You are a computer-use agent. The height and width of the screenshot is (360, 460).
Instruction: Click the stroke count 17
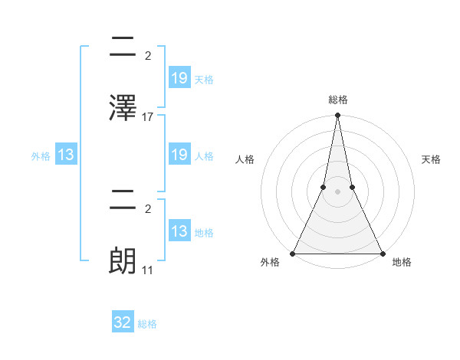click(x=148, y=117)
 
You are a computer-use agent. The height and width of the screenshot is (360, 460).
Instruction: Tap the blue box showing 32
click(x=123, y=322)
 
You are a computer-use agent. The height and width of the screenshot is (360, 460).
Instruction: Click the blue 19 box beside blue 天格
click(x=179, y=77)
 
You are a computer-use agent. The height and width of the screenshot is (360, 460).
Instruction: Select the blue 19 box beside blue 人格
click(x=179, y=155)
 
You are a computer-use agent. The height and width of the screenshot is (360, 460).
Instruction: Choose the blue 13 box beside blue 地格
click(x=179, y=231)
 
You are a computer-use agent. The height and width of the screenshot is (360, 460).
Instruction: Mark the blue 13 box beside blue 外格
click(x=66, y=155)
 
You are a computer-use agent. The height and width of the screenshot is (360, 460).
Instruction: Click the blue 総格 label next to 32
click(x=147, y=324)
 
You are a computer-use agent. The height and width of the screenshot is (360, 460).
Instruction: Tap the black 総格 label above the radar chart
click(x=337, y=100)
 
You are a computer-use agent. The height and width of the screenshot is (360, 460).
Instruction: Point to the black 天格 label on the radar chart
click(x=432, y=159)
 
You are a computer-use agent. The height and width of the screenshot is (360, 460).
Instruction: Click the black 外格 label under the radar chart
click(x=270, y=262)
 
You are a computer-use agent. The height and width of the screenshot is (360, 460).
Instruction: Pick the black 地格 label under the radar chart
click(x=402, y=262)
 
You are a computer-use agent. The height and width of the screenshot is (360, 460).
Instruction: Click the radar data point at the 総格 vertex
click(x=337, y=116)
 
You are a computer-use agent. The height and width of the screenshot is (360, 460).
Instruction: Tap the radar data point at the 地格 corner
click(x=382, y=253)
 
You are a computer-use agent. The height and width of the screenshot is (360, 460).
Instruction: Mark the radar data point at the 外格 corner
click(x=293, y=253)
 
